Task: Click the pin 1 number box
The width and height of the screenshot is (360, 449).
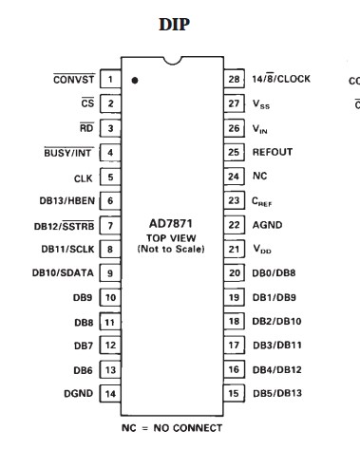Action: click(x=111, y=80)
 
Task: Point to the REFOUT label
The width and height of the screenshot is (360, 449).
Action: click(x=273, y=152)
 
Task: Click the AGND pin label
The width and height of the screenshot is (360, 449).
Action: click(x=268, y=225)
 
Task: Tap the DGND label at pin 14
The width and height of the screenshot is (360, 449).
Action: click(x=75, y=393)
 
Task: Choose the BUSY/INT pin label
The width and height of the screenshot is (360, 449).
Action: click(x=68, y=152)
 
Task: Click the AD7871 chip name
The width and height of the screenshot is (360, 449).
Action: click(x=173, y=225)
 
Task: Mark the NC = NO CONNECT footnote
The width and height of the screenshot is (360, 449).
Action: click(x=172, y=427)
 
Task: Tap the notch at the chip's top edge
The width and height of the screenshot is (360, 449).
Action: click(x=172, y=65)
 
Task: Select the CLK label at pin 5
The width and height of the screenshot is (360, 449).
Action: click(x=83, y=177)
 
